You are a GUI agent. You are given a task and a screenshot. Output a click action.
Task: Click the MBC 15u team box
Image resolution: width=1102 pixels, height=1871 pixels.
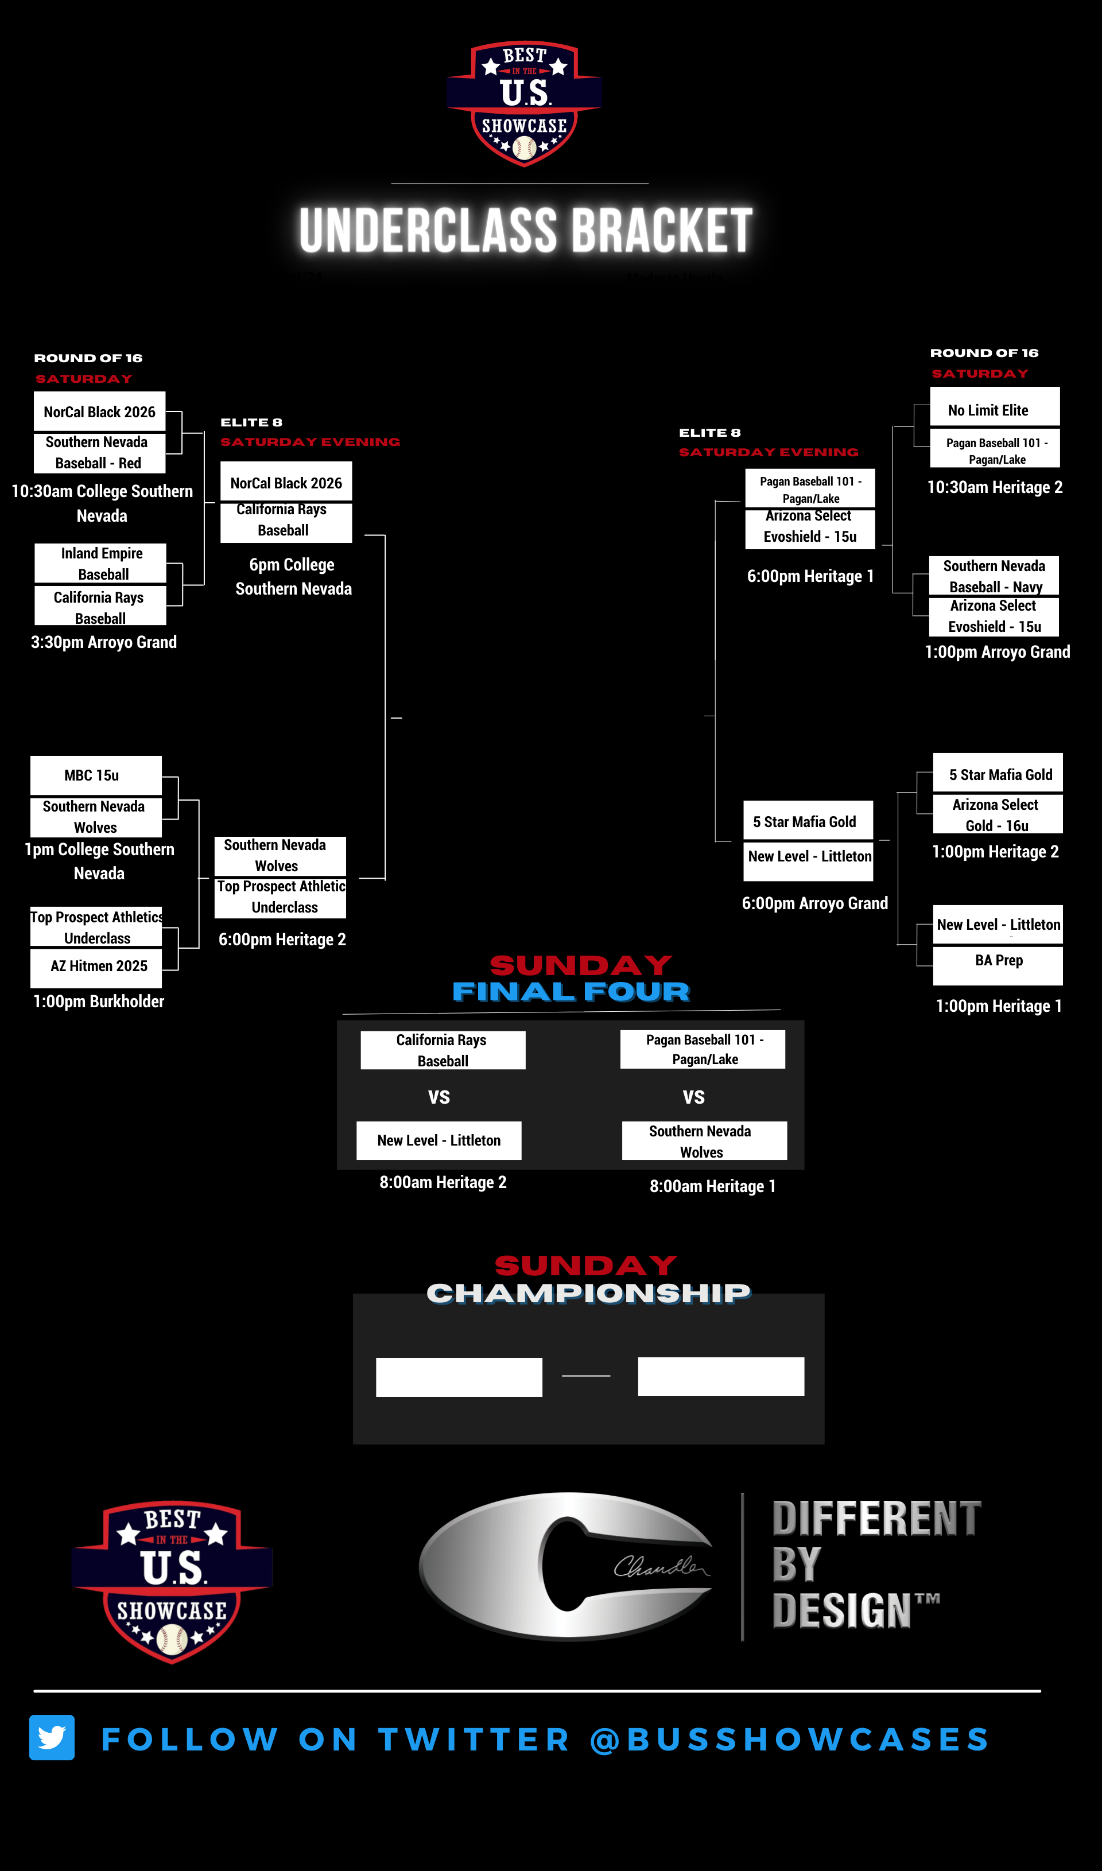pyautogui.click(x=96, y=775)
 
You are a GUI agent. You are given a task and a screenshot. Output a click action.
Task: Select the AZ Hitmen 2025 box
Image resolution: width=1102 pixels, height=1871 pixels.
pyautogui.click(x=96, y=966)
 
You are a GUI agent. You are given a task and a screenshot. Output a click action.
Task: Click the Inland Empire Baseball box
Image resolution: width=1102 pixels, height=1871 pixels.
pyautogui.click(x=100, y=563)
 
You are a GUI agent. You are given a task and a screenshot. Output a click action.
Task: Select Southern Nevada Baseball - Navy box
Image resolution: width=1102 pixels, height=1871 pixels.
pyautogui.click(x=994, y=576)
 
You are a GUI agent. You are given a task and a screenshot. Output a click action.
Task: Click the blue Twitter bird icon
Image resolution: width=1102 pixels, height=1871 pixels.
pyautogui.click(x=52, y=1737)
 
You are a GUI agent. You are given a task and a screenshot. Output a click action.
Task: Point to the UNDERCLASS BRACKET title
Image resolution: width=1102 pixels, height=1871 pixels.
pyautogui.click(x=526, y=230)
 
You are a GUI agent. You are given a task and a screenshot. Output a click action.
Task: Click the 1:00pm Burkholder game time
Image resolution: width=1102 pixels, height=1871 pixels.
pyautogui.click(x=99, y=1001)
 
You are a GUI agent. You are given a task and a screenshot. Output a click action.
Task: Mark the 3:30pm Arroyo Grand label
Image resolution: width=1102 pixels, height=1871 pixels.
pyautogui.click(x=104, y=642)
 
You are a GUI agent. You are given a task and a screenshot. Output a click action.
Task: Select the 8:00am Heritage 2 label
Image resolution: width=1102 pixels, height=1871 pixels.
pyautogui.click(x=443, y=1182)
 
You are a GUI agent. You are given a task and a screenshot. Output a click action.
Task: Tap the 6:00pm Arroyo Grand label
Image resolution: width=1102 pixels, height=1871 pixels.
pyautogui.click(x=814, y=903)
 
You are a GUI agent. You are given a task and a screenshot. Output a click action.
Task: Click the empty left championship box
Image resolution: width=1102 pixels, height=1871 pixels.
pyautogui.click(x=459, y=1377)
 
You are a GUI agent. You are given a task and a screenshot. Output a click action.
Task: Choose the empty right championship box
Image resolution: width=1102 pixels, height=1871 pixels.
pyautogui.click(x=720, y=1376)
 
